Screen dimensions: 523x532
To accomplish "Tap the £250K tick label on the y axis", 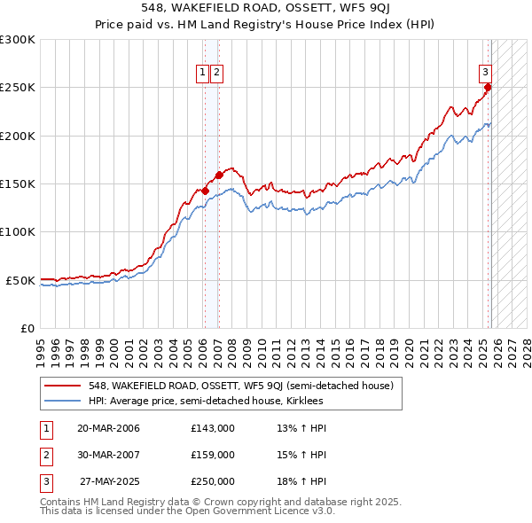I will (18, 88).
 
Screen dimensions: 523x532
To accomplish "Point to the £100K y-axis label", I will (18, 231).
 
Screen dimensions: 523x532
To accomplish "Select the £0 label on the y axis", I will (27, 328).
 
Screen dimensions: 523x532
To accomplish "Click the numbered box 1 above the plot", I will (203, 73).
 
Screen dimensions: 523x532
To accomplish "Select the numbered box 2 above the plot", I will (216, 73).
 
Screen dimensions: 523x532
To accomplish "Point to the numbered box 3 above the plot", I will (486, 73).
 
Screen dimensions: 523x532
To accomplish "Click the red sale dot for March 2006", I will (205, 191).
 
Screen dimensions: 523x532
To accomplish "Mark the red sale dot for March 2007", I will (219, 176).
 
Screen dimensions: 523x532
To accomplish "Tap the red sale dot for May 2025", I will (488, 88).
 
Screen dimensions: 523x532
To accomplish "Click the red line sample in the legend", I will (63, 386).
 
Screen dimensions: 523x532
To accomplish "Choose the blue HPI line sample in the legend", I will (63, 402).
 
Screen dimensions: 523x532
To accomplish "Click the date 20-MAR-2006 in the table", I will (109, 428).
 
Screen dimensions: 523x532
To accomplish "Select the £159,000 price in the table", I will (213, 455).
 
